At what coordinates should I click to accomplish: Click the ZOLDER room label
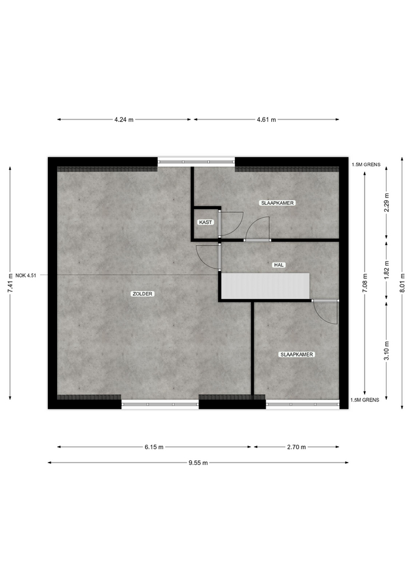click(143, 293)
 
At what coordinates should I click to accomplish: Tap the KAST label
click(206, 222)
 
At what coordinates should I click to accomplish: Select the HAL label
click(279, 265)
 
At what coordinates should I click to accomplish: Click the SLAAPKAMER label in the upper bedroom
click(277, 203)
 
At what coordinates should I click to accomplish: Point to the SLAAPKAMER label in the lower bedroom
click(297, 355)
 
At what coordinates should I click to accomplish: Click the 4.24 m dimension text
click(124, 119)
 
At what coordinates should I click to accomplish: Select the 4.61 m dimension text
click(266, 119)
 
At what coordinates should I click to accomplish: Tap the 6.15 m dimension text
click(154, 447)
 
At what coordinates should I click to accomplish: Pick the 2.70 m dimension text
click(297, 447)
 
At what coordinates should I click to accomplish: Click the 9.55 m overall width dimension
click(198, 463)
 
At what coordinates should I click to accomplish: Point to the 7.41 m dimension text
click(10, 283)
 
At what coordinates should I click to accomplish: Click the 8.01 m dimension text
click(402, 283)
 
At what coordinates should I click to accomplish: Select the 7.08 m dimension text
click(365, 283)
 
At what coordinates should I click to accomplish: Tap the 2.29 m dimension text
click(387, 202)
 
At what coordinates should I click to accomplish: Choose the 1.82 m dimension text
click(387, 270)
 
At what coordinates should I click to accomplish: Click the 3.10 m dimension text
click(387, 351)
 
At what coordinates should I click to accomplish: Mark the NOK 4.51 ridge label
click(25, 275)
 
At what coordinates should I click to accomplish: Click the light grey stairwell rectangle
click(266, 286)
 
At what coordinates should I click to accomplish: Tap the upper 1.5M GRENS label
click(366, 164)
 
